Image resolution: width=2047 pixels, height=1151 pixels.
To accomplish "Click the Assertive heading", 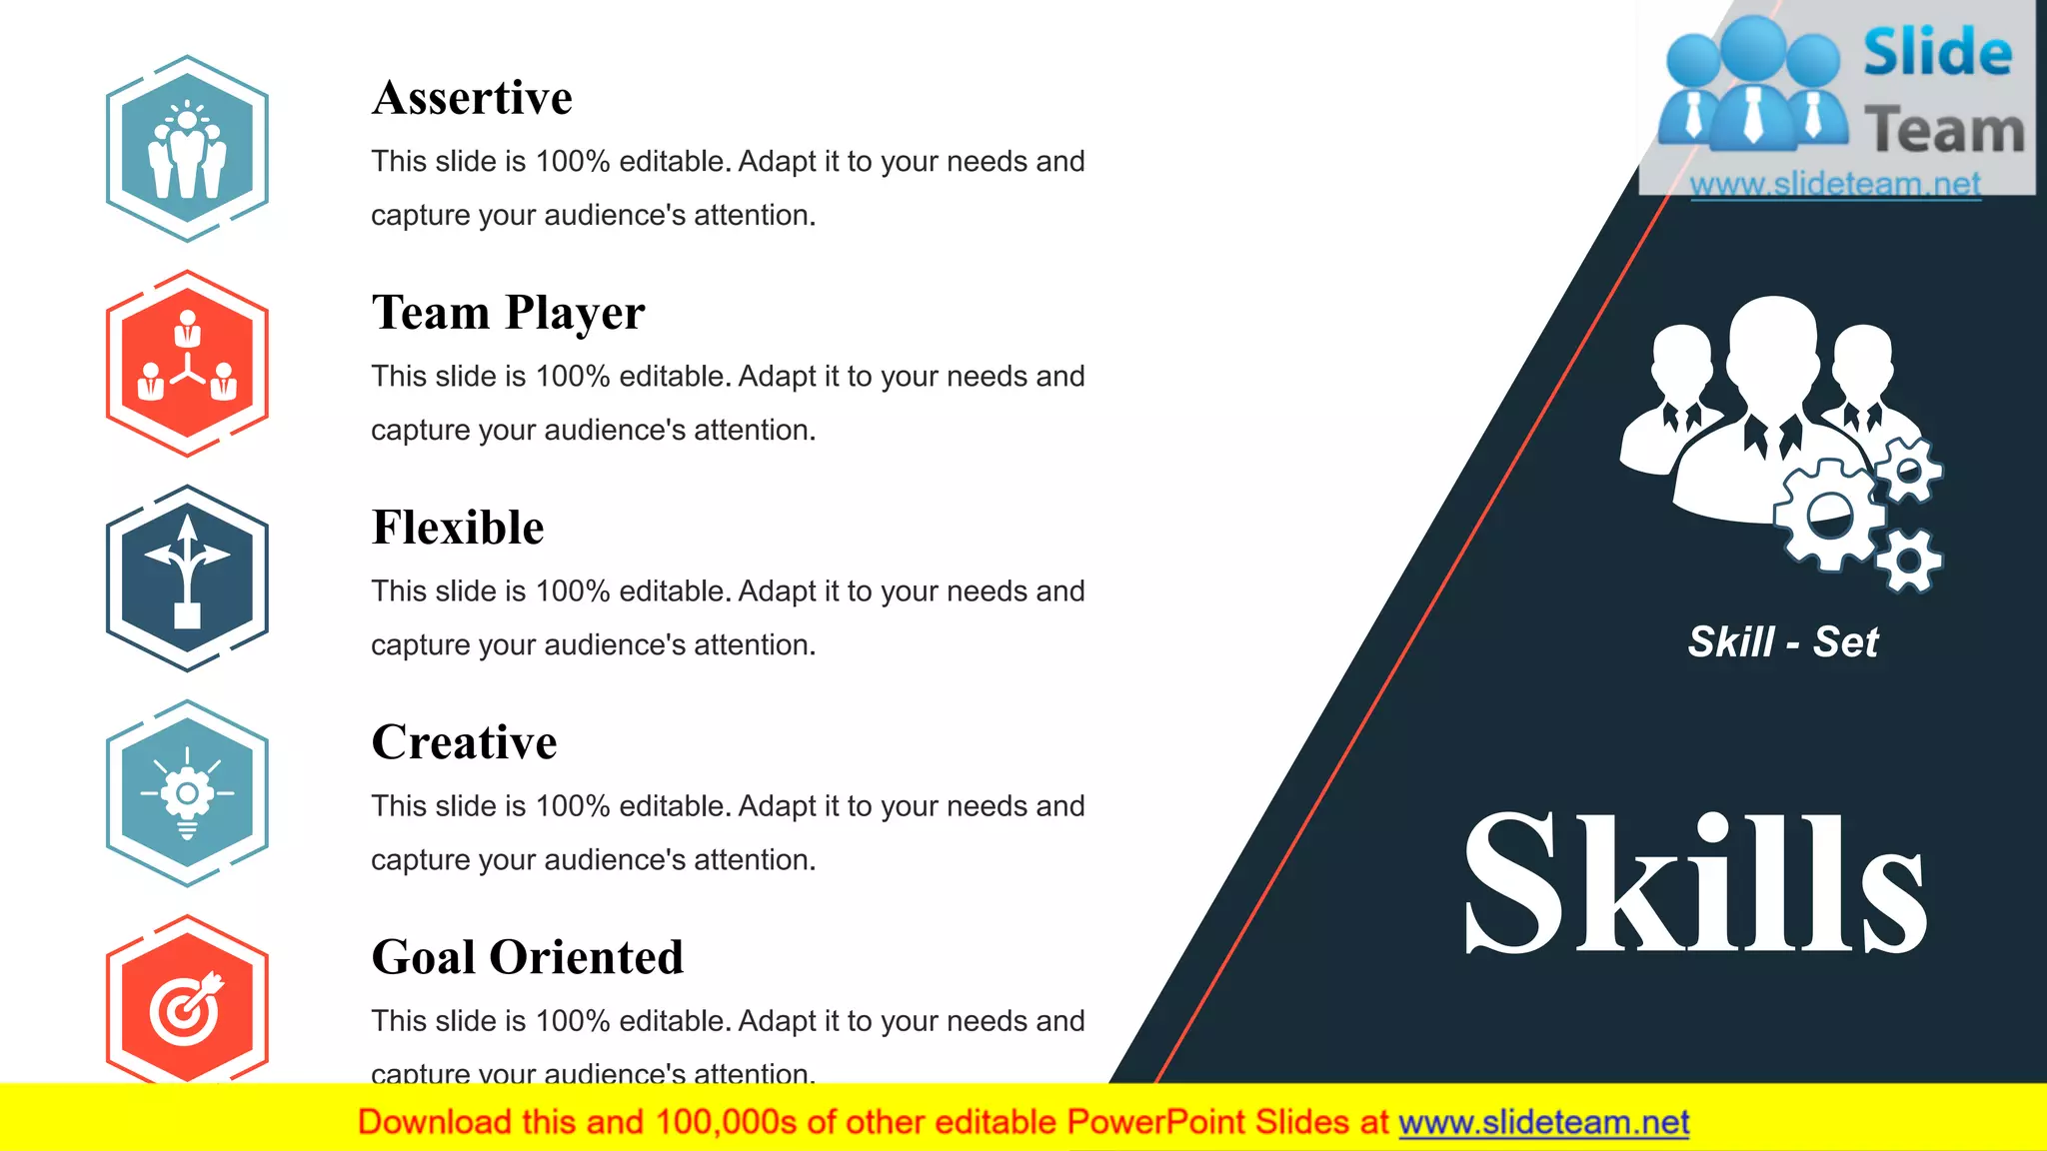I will (x=472, y=98).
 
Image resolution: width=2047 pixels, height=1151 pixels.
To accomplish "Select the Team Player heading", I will (x=508, y=313).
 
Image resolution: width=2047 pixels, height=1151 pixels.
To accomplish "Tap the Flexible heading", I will (x=458, y=528).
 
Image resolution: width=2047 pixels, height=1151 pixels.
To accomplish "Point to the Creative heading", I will (x=464, y=742).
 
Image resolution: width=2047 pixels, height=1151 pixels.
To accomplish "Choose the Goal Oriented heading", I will (x=527, y=957).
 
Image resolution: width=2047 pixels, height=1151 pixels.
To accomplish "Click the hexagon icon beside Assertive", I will (x=187, y=149).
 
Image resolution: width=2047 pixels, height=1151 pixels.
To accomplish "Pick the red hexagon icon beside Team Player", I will (x=187, y=364).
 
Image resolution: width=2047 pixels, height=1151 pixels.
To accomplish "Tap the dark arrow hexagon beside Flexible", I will (x=187, y=578).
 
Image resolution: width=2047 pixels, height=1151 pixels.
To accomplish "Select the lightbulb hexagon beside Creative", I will (x=187, y=793).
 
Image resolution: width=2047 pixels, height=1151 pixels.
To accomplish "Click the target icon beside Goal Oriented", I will (x=187, y=1007).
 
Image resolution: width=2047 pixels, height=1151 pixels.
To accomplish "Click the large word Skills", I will (x=1694, y=884).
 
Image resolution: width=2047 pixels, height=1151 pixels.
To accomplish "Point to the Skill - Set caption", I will (x=1783, y=641).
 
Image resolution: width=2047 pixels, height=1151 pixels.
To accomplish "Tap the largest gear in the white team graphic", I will (x=1829, y=516).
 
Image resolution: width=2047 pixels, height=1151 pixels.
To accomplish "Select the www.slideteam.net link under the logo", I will (x=1835, y=184).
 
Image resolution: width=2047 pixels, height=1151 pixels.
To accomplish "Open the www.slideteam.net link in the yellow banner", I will (x=1543, y=1123).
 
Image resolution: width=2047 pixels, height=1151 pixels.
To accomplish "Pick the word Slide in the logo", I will (x=1937, y=53).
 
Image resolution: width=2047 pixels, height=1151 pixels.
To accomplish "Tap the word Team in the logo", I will (x=1944, y=131).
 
